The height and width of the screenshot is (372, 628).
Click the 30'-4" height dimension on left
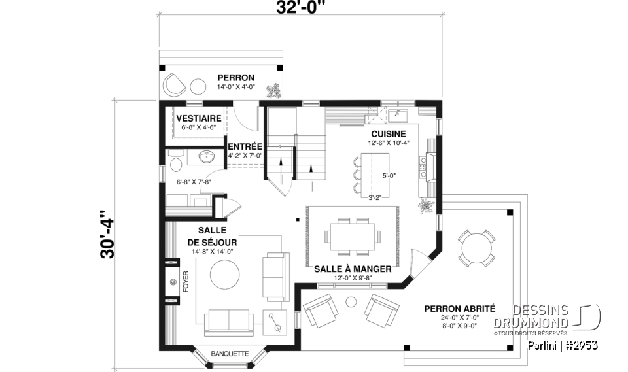pyautogui.click(x=106, y=234)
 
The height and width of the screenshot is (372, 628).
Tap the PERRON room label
pyautogui.click(x=235, y=76)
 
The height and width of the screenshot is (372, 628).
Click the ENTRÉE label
pyautogui.click(x=245, y=146)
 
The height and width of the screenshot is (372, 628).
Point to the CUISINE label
pyautogui.click(x=389, y=133)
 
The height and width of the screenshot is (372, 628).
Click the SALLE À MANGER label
pyautogui.click(x=353, y=269)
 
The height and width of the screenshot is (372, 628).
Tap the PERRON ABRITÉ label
pyautogui.click(x=459, y=309)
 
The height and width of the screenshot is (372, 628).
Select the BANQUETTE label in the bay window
pyautogui.click(x=230, y=354)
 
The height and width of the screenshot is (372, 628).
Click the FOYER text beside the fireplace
pyautogui.click(x=185, y=281)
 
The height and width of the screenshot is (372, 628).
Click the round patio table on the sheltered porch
pyautogui.click(x=477, y=248)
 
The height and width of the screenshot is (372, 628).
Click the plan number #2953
pyautogui.click(x=580, y=345)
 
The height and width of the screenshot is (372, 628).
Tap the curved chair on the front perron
pyautogui.click(x=174, y=84)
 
